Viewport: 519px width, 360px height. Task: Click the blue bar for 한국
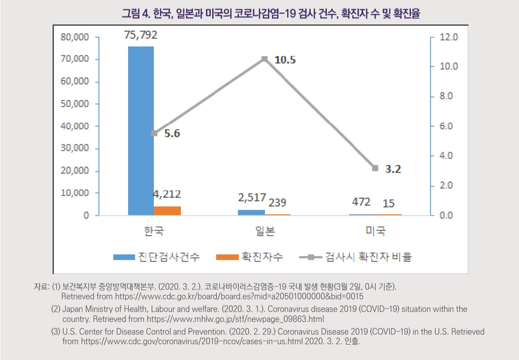(x=141, y=131)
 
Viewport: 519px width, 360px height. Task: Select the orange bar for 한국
(x=167, y=211)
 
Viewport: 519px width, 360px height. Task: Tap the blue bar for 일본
(x=251, y=212)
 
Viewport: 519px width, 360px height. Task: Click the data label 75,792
(x=141, y=35)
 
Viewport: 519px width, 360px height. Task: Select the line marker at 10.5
(x=265, y=59)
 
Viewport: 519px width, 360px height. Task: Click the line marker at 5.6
(x=154, y=133)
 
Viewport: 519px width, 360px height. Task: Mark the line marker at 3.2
(x=375, y=168)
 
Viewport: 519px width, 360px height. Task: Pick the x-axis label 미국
(x=375, y=231)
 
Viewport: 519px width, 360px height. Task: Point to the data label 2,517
(x=252, y=198)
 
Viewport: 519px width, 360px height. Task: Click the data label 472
(x=362, y=202)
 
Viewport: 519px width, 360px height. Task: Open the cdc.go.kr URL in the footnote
(x=239, y=296)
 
